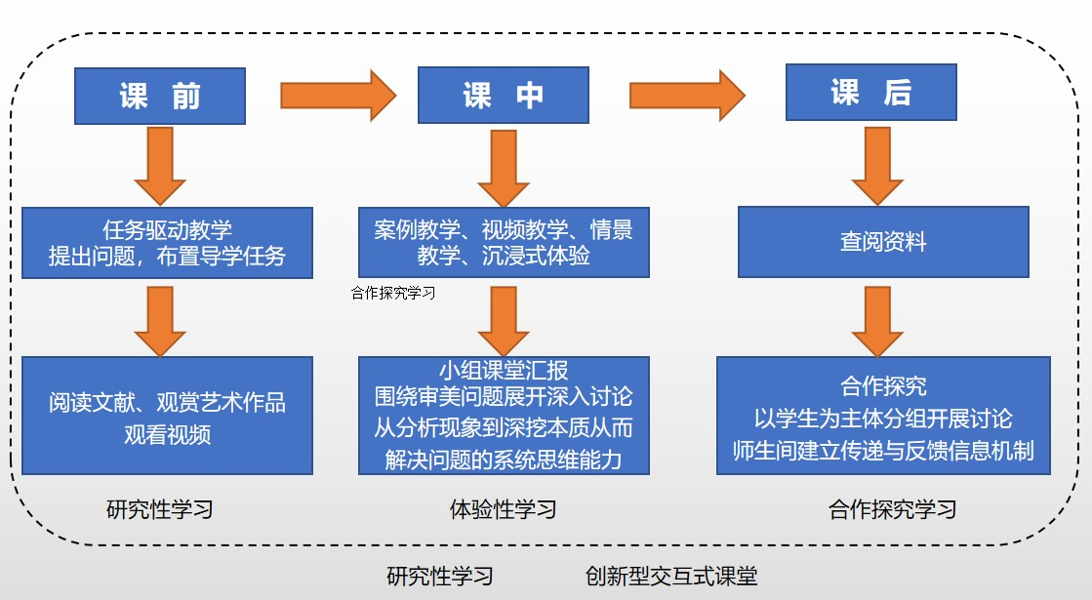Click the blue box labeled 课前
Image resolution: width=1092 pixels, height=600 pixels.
click(160, 96)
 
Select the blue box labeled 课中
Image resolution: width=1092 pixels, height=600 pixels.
click(504, 96)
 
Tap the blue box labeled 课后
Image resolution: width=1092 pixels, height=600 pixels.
click(871, 93)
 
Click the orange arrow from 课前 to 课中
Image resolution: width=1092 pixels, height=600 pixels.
click(339, 96)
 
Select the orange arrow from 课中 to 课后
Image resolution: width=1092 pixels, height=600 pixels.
click(687, 96)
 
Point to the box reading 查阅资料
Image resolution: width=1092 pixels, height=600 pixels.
click(883, 242)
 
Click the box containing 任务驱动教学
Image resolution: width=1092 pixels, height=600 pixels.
click(167, 243)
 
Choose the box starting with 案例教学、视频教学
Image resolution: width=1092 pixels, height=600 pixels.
click(504, 242)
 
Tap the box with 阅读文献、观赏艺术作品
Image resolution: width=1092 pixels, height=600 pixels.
click(167, 417)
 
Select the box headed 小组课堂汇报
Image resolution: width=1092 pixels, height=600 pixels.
click(504, 417)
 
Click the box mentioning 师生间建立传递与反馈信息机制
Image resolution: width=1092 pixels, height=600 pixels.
click(883, 417)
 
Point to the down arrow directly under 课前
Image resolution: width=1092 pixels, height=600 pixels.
click(160, 167)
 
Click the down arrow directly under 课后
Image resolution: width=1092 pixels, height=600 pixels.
click(877, 166)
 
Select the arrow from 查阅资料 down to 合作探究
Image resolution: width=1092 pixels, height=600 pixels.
click(877, 322)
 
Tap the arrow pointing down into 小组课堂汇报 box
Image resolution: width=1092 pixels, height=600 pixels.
click(504, 322)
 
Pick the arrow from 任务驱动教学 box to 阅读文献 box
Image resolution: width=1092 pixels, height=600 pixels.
click(160, 322)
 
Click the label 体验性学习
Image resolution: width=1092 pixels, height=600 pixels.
click(503, 509)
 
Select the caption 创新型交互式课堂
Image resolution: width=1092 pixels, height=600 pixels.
click(671, 576)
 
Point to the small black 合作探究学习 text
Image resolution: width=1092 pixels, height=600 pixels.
click(393, 293)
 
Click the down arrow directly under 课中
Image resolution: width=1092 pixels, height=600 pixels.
click(504, 168)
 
